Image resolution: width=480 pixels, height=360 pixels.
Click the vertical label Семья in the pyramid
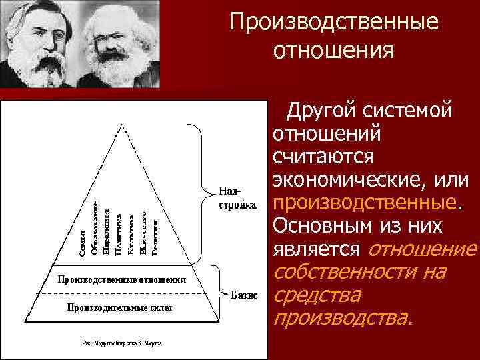[x=82, y=243]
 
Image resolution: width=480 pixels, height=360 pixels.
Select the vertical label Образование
[x=95, y=228]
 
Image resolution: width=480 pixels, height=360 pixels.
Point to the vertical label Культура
[x=131, y=234]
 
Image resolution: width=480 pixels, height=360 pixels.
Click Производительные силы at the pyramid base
[x=119, y=308]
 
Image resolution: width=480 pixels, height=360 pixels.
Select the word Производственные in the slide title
[x=335, y=22]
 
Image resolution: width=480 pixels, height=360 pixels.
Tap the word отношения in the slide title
[x=335, y=50]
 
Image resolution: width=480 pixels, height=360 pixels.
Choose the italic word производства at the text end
[x=343, y=319]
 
